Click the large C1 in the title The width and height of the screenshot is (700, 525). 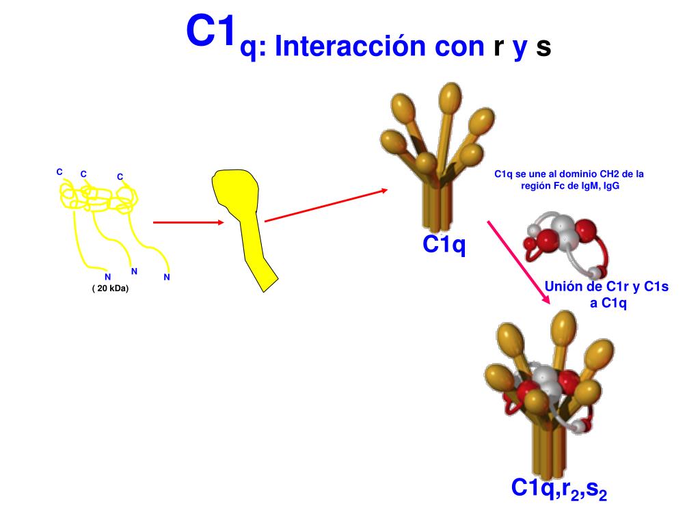211,32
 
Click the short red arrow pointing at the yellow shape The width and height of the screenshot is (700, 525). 188,222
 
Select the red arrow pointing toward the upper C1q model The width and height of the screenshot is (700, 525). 325,205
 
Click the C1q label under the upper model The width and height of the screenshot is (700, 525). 444,244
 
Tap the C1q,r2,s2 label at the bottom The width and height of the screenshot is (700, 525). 559,489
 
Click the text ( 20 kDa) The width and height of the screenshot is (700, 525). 110,288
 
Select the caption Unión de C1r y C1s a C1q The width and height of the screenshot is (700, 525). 607,294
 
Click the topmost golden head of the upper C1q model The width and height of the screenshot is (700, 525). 450,96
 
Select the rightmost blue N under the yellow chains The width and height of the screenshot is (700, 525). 167,277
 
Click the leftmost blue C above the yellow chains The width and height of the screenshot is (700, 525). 59,172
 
